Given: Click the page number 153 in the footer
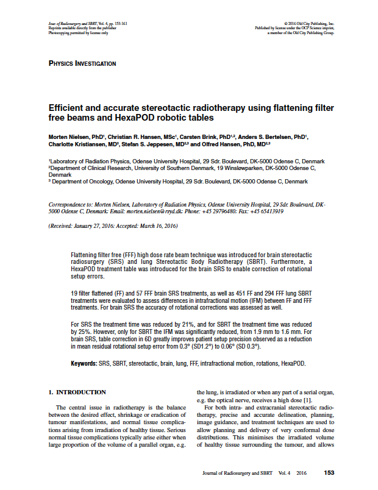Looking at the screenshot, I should tap(329, 472).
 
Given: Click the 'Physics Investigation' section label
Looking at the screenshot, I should tap(82, 63).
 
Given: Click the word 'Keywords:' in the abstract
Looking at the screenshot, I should tap(84, 363).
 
